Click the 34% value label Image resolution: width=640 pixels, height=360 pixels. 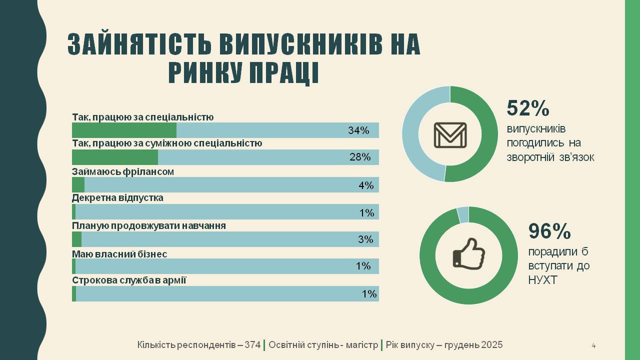pos(358,130)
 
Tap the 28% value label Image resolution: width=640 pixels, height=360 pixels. pos(360,157)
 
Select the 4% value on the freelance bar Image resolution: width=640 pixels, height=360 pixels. pos(366,185)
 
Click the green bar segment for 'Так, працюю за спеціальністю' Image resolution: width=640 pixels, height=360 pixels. pos(124,130)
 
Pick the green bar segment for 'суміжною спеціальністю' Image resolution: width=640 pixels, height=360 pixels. pos(115,157)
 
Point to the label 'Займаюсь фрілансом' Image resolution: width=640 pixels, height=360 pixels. pos(122,171)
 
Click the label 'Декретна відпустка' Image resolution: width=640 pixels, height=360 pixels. pos(117,198)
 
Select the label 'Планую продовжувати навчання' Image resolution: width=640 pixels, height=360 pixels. pos(149,226)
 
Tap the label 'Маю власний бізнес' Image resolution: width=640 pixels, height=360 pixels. pos(119,254)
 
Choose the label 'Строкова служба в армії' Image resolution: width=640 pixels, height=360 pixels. pos(129,280)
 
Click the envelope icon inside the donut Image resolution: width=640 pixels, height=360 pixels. pos(450,135)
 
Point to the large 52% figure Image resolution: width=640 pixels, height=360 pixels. pos(528,108)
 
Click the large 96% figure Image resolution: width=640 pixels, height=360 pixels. pos(549,231)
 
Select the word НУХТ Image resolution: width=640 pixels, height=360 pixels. pos(542,280)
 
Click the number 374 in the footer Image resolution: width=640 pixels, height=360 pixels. pos(252,345)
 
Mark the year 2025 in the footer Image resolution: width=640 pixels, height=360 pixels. pos(492,345)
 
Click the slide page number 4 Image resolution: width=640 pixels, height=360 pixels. pos(593,345)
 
